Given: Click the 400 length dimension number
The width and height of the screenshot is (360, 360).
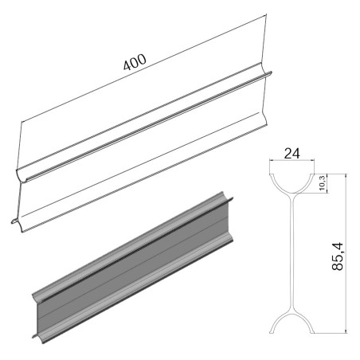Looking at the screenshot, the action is pos(135,62).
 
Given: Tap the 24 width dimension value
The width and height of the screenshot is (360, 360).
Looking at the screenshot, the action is pos(292,154).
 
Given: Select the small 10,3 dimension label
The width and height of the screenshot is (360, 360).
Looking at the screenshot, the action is pos(322,183).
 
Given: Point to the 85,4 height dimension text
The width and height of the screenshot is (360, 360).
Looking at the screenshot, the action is pos(338,256).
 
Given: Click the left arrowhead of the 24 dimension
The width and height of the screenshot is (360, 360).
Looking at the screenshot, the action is pos(271,160).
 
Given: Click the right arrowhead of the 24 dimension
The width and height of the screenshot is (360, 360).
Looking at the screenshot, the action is pos(312,160).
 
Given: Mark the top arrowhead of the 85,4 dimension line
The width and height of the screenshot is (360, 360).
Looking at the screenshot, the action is pos(346,176).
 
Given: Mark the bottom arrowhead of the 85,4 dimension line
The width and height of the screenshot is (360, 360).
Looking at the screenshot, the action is pos(346,331).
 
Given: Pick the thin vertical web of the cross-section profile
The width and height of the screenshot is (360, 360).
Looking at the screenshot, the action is pos(292,253).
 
